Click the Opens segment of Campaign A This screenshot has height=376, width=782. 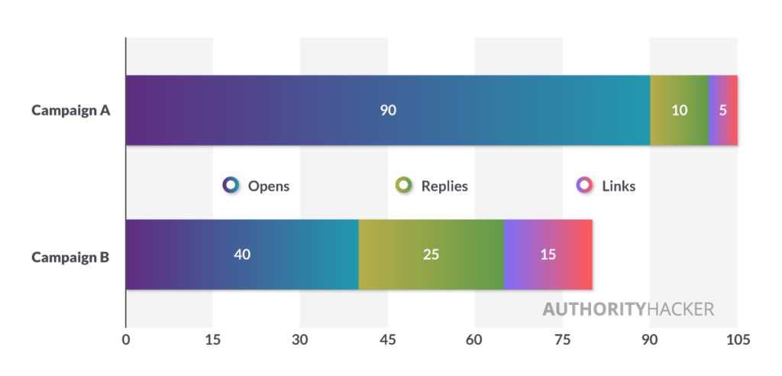388,110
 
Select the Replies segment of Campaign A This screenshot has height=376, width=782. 679,110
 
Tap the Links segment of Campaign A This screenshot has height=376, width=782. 723,110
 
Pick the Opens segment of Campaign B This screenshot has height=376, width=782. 242,254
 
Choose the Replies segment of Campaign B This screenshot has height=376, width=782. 431,254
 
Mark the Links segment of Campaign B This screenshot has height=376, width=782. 548,254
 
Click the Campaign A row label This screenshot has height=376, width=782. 71,110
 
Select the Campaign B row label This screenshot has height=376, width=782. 70,258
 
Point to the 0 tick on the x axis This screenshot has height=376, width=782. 126,339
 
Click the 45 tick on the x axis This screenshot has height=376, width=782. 387,339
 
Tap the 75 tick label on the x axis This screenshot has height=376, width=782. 562,339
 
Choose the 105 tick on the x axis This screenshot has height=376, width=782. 738,339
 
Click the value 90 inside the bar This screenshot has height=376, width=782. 388,110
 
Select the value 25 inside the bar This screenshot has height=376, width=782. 431,254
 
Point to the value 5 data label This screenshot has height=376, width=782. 723,110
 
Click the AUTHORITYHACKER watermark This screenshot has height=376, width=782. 629,309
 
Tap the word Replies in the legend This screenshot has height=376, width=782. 445,186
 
